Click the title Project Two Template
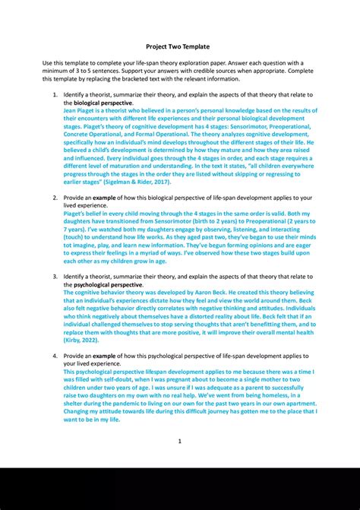click(x=179, y=44)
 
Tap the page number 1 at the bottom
click(x=179, y=441)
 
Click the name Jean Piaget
click(x=80, y=110)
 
